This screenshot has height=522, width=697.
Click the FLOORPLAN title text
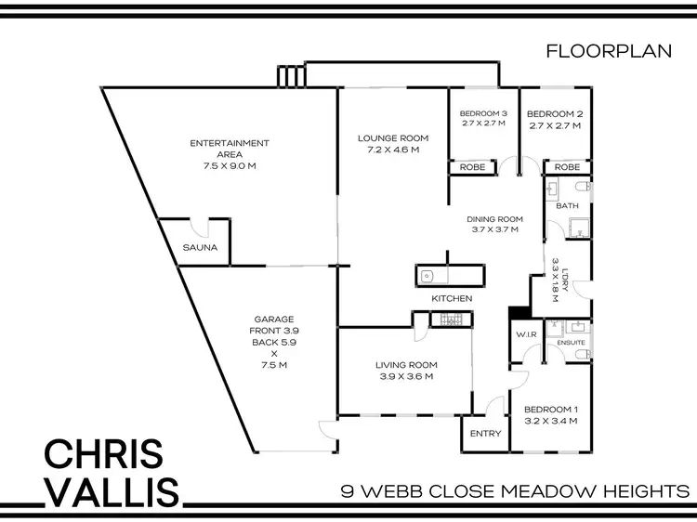point(609,52)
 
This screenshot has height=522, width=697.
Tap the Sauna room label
point(200,248)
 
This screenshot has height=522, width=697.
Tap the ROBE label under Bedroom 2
point(567,167)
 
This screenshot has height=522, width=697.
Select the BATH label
point(567,207)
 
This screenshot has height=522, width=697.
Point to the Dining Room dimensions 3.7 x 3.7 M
point(494,228)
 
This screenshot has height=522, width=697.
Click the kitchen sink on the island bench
point(427,275)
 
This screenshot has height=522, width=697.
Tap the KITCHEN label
point(452,299)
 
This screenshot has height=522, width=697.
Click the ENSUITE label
point(571,343)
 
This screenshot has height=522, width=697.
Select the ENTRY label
point(485,434)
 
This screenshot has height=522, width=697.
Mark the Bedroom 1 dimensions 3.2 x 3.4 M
point(551,421)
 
